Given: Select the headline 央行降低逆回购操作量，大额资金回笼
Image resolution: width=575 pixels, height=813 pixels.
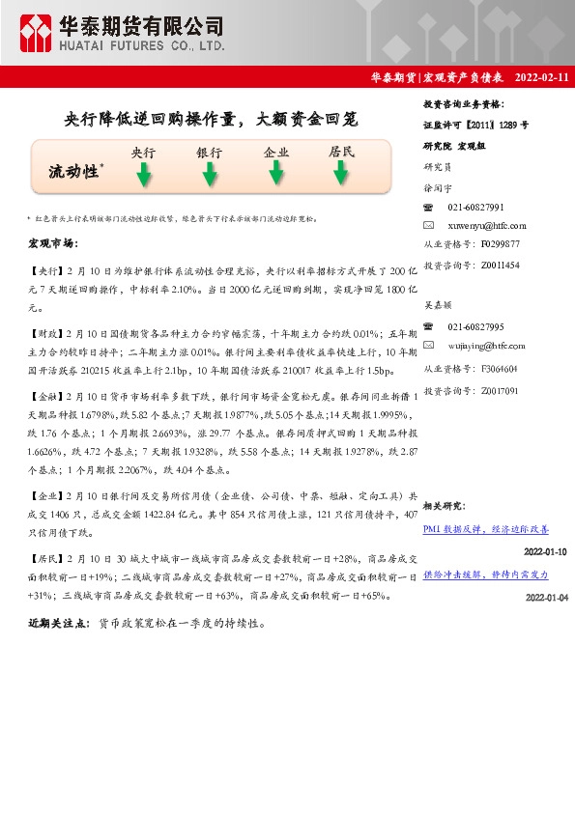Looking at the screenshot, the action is click(210, 120).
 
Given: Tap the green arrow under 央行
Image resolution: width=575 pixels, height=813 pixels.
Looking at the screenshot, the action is click(143, 175).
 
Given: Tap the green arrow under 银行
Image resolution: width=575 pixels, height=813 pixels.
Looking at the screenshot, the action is click(209, 175).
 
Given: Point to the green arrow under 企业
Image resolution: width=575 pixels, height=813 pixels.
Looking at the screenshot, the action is click(276, 173).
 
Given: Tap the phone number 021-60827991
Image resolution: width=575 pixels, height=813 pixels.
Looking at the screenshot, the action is click(475, 208).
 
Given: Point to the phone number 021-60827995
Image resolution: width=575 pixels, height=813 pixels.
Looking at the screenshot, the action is click(475, 327).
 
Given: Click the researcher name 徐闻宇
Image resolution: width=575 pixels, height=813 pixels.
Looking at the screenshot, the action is click(439, 189).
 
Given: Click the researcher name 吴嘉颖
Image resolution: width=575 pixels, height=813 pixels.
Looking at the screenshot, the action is click(439, 304).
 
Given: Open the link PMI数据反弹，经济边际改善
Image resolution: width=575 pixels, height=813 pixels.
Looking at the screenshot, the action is click(486, 530).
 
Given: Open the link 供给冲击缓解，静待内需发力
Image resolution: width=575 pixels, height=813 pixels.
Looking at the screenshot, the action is click(486, 575).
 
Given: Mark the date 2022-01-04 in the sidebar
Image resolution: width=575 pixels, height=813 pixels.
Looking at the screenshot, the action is click(546, 598).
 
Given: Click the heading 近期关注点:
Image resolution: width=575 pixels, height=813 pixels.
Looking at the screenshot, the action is click(60, 625).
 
